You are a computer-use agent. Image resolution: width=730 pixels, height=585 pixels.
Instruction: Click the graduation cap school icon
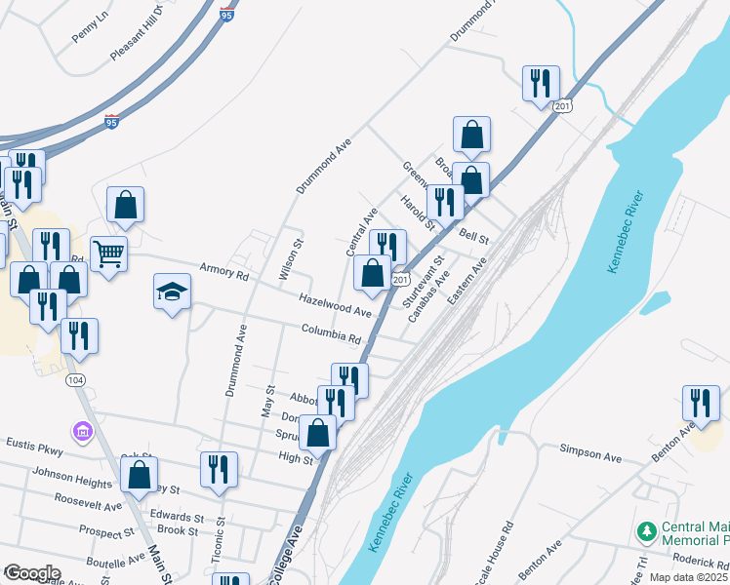coord(172,292)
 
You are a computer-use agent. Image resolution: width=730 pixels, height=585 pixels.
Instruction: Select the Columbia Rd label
coord(331,333)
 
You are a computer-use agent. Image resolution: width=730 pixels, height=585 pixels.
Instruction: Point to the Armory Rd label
coord(223,271)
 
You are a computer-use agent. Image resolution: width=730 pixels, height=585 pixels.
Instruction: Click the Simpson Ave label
coord(589,452)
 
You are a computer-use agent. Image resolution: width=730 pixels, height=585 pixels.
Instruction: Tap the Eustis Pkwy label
coord(34,448)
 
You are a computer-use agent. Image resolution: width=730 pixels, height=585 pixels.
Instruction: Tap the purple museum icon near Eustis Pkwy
coord(81,430)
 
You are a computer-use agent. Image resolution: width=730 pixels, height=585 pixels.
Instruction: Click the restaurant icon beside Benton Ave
coord(701,402)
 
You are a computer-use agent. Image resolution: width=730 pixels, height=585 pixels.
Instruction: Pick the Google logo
coord(32,572)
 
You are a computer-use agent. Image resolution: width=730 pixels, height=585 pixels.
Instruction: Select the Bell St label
coord(473,236)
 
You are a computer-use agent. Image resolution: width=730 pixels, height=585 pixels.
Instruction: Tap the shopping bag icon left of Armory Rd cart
coord(126,205)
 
